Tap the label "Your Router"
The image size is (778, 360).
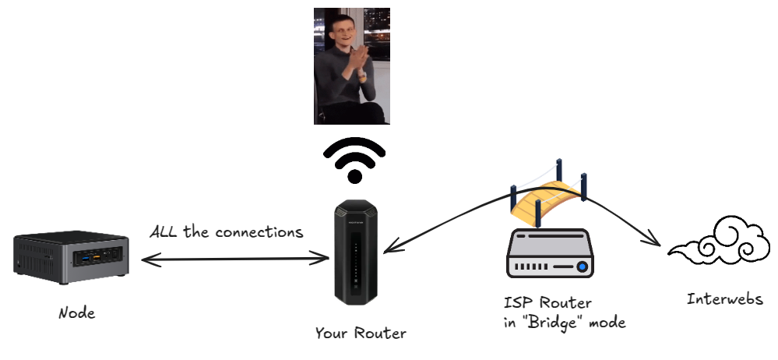pyautogui.click(x=361, y=334)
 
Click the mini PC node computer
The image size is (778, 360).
pyautogui.click(x=72, y=253)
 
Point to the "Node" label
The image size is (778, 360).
pyautogui.click(x=77, y=313)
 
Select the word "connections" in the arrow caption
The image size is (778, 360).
pyautogui.click(x=259, y=232)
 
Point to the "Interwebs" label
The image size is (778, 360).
pyautogui.click(x=725, y=299)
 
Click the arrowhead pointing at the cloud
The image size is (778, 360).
pyautogui.click(x=659, y=244)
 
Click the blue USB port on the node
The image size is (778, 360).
pyautogui.click(x=85, y=256)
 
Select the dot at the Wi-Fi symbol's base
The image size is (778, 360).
pyautogui.click(x=354, y=176)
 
